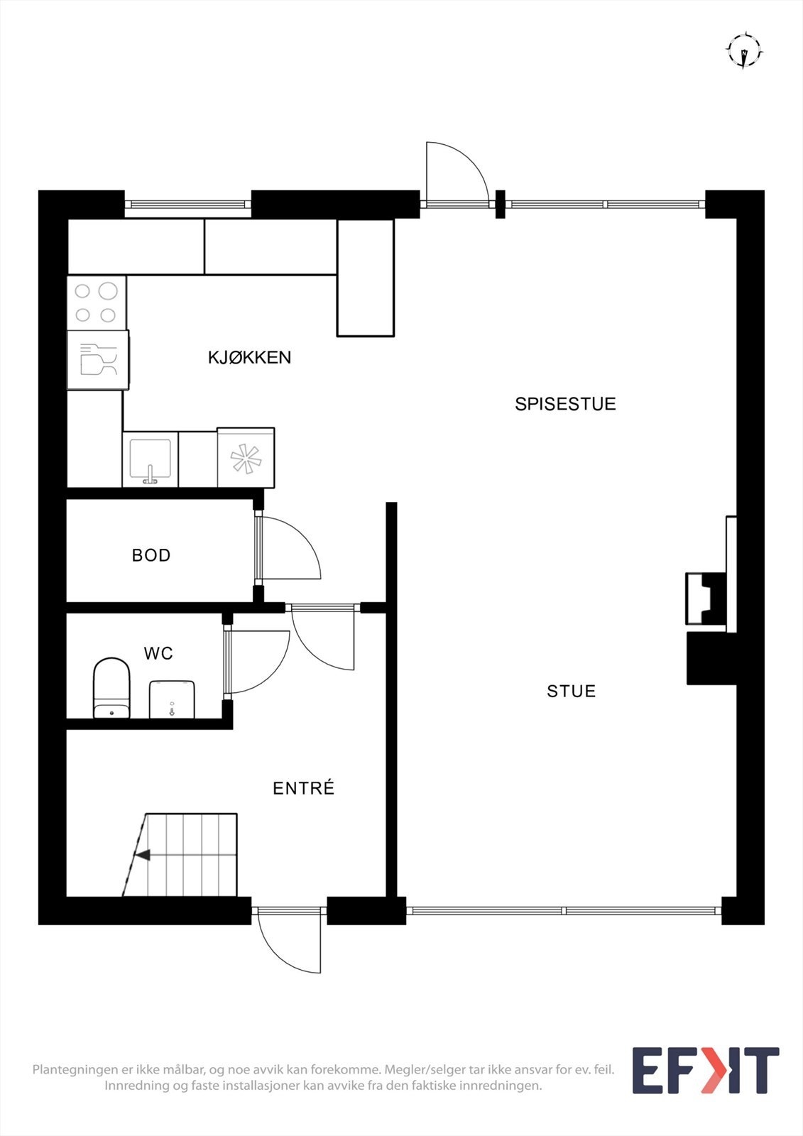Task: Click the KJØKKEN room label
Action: click(x=249, y=357)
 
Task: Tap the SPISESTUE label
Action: click(x=565, y=404)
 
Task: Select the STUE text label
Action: click(x=571, y=691)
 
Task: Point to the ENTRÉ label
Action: click(x=303, y=788)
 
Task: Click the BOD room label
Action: click(x=151, y=555)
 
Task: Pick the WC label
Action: click(x=158, y=653)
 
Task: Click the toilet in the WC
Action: click(x=111, y=688)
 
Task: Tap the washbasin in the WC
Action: click(x=172, y=699)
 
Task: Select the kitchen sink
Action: click(x=150, y=460)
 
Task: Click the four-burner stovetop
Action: click(x=97, y=302)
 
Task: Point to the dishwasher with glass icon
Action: click(x=98, y=359)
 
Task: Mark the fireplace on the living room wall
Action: click(x=706, y=599)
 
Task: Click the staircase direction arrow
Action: click(x=143, y=856)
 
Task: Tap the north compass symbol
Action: click(x=743, y=51)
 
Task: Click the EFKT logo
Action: click(x=705, y=1070)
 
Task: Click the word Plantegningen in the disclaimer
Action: click(x=73, y=1069)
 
